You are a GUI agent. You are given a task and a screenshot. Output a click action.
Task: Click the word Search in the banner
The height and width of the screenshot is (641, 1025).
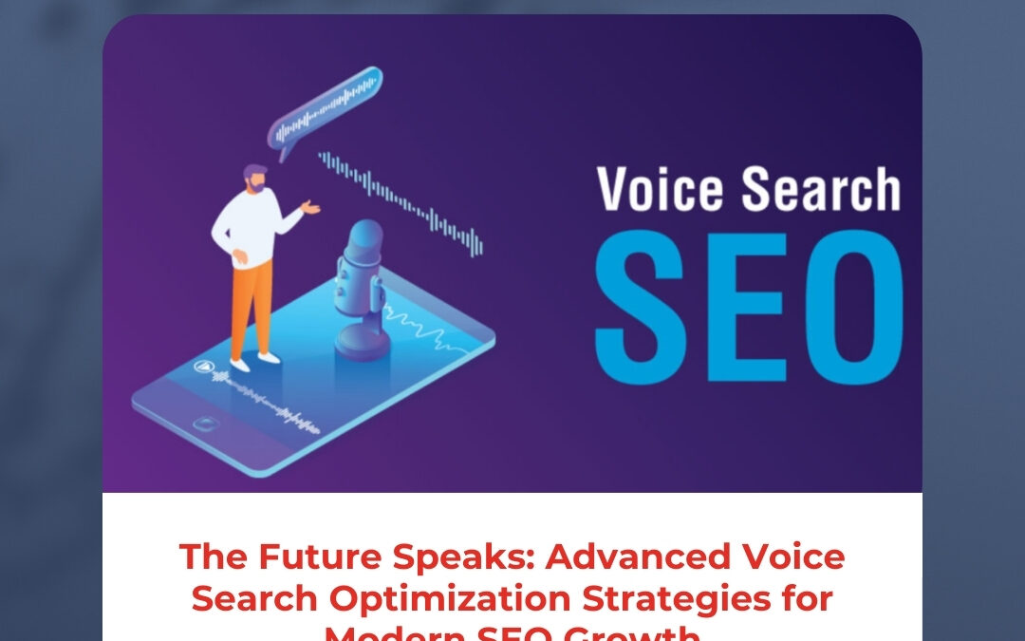821,190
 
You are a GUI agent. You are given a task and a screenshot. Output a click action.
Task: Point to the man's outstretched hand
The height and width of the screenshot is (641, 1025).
310,206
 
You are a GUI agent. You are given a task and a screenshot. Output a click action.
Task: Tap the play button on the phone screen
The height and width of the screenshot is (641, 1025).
203,367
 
